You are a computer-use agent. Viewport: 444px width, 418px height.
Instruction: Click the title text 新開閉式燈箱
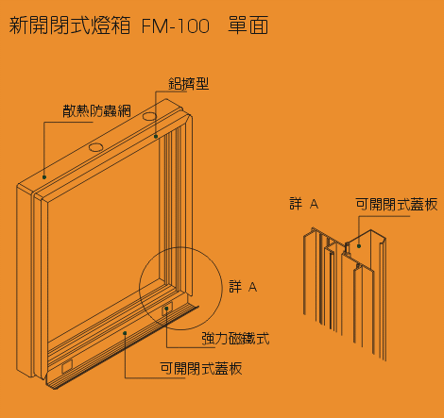click(70, 25)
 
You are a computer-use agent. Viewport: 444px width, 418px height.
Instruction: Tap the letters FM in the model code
click(155, 25)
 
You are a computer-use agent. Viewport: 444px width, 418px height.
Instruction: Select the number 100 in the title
click(194, 25)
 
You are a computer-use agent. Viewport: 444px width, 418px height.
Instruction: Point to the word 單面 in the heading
click(248, 25)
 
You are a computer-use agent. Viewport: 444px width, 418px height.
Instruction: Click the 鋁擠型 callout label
click(189, 84)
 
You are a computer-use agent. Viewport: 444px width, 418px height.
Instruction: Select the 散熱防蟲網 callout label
click(96, 110)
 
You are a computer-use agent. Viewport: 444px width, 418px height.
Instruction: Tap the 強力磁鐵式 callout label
click(235, 339)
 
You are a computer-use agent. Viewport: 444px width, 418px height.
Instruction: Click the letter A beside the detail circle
click(252, 287)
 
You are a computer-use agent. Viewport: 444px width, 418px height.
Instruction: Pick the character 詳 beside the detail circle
click(235, 287)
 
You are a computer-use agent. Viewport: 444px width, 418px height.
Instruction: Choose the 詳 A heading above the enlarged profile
click(304, 204)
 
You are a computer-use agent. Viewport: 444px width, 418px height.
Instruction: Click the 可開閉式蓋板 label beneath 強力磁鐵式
click(201, 368)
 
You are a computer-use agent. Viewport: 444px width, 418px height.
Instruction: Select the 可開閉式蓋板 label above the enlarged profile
click(397, 204)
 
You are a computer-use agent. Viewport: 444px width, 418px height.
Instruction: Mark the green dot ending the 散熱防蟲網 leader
click(44, 177)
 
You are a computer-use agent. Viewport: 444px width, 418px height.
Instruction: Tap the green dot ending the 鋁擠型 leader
click(156, 137)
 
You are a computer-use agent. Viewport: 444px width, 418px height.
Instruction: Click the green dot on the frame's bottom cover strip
click(125, 333)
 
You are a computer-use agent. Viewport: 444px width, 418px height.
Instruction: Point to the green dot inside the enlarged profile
click(359, 246)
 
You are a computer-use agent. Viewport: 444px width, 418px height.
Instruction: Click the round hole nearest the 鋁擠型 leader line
click(149, 116)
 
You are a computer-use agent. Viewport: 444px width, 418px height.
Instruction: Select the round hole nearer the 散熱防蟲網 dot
click(95, 147)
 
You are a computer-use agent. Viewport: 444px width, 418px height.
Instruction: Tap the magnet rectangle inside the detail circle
click(167, 309)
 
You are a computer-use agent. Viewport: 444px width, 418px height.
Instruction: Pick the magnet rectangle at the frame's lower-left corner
click(67, 366)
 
